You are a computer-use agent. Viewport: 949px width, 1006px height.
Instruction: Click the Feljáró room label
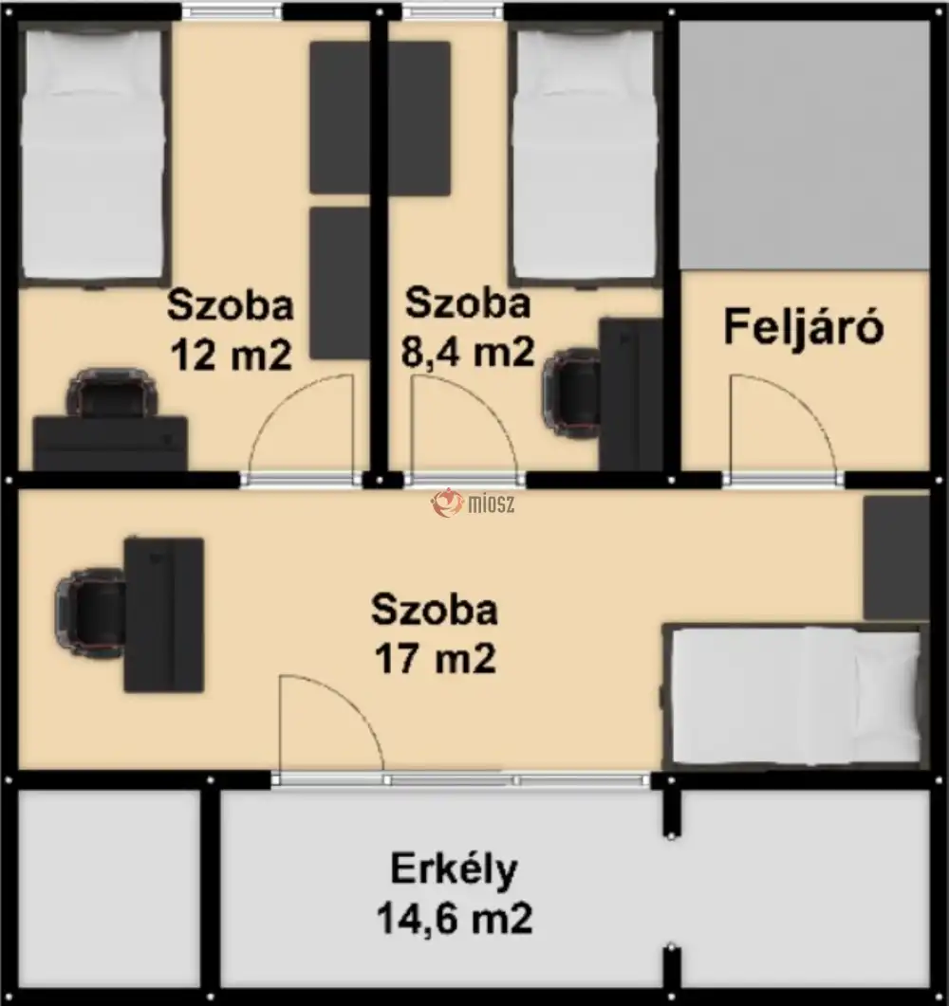tap(804, 327)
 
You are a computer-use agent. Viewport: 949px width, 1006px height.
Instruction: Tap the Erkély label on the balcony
tap(454, 869)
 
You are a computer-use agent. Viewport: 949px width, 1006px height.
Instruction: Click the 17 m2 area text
tap(434, 658)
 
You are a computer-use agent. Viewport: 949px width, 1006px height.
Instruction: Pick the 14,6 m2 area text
tap(454, 918)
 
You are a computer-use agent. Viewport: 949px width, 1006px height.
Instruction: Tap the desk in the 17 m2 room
tap(163, 613)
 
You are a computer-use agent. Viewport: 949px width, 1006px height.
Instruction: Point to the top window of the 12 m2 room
tap(233, 11)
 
